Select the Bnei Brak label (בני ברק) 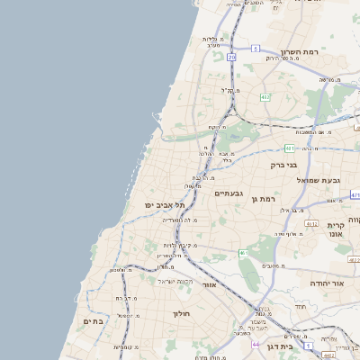tap(284, 165)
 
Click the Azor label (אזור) tap(210, 284)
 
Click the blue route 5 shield tap(255, 48)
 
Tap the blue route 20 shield tap(231, 57)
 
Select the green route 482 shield tap(265, 95)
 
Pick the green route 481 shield tap(290, 148)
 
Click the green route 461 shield tap(243, 254)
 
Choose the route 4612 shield tap(311, 223)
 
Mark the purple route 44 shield tap(256, 345)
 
